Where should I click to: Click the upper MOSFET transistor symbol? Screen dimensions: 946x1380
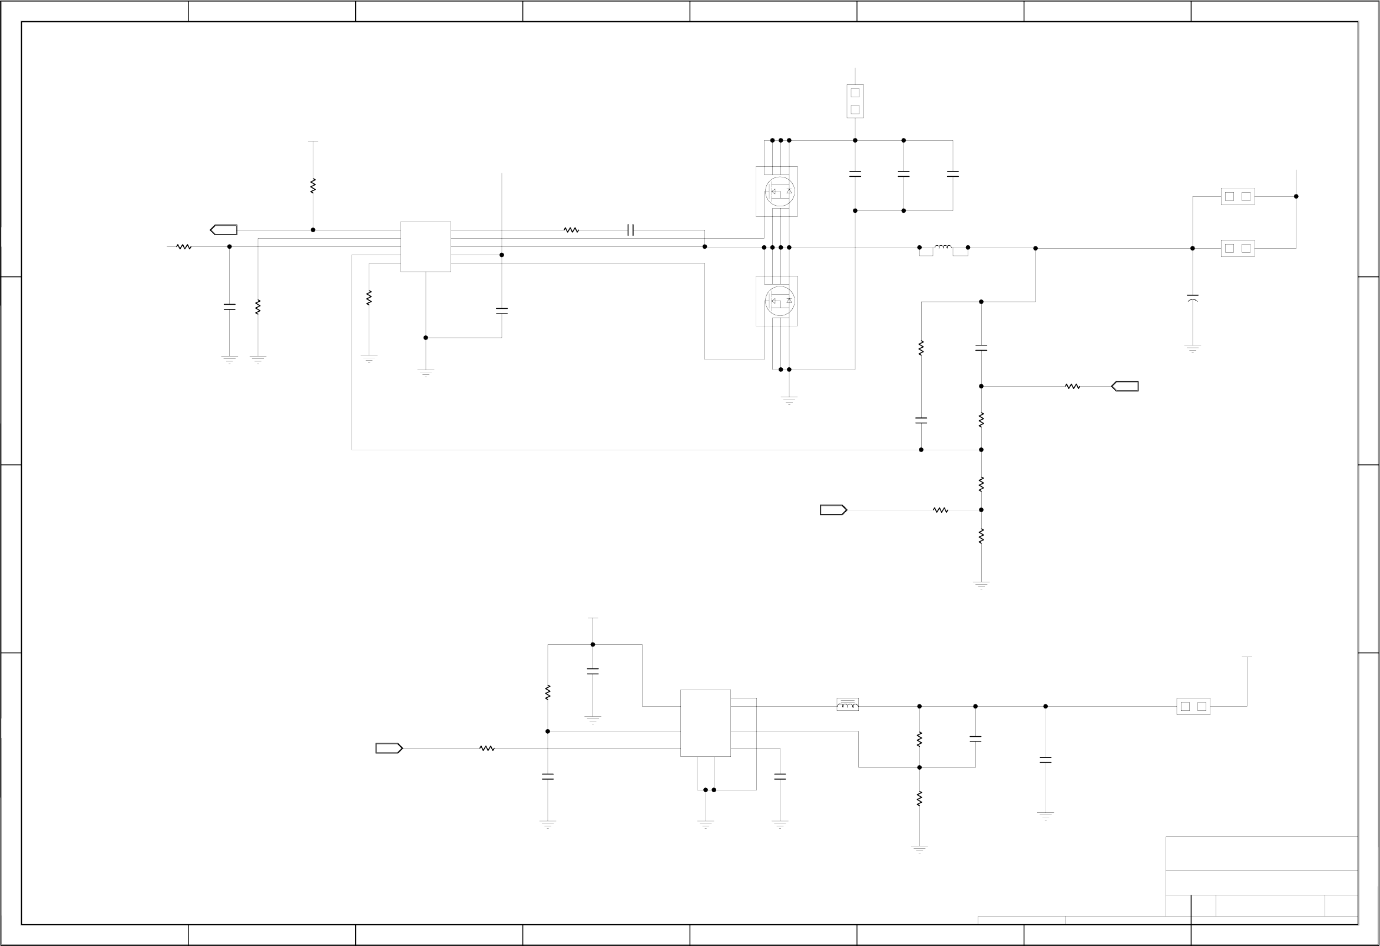[x=779, y=192]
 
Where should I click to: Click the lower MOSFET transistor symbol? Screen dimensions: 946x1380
[x=779, y=301]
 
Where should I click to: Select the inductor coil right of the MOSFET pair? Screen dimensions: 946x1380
[x=943, y=246]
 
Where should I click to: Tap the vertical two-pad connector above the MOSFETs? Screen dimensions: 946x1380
[x=855, y=101]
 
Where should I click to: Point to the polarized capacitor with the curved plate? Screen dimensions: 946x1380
[x=1192, y=298]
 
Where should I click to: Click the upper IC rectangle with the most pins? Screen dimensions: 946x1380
[x=426, y=246]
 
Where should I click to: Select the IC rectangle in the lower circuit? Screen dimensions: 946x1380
[x=706, y=723]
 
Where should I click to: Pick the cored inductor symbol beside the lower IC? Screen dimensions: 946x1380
[x=848, y=705]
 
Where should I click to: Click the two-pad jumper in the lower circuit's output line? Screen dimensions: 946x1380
[x=1193, y=707]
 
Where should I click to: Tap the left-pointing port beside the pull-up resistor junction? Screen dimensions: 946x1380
[x=224, y=230]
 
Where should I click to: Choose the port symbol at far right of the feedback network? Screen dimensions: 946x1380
[x=1124, y=386]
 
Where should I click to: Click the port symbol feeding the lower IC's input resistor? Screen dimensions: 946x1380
[x=389, y=748]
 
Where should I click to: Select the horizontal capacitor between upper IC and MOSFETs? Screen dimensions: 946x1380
[x=631, y=230]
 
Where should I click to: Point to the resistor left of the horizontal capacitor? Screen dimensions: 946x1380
[x=571, y=230]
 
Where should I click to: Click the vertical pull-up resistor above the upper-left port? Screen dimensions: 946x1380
[x=313, y=186]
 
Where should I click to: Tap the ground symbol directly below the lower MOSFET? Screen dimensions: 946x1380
[x=789, y=400]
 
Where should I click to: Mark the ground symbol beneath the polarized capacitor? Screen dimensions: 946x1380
[x=1192, y=348]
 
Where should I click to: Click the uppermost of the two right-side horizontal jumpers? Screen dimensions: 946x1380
[x=1237, y=197]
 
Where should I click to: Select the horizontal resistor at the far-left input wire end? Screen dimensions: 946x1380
[x=184, y=246]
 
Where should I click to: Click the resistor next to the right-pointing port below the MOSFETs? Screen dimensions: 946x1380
[x=941, y=510]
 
